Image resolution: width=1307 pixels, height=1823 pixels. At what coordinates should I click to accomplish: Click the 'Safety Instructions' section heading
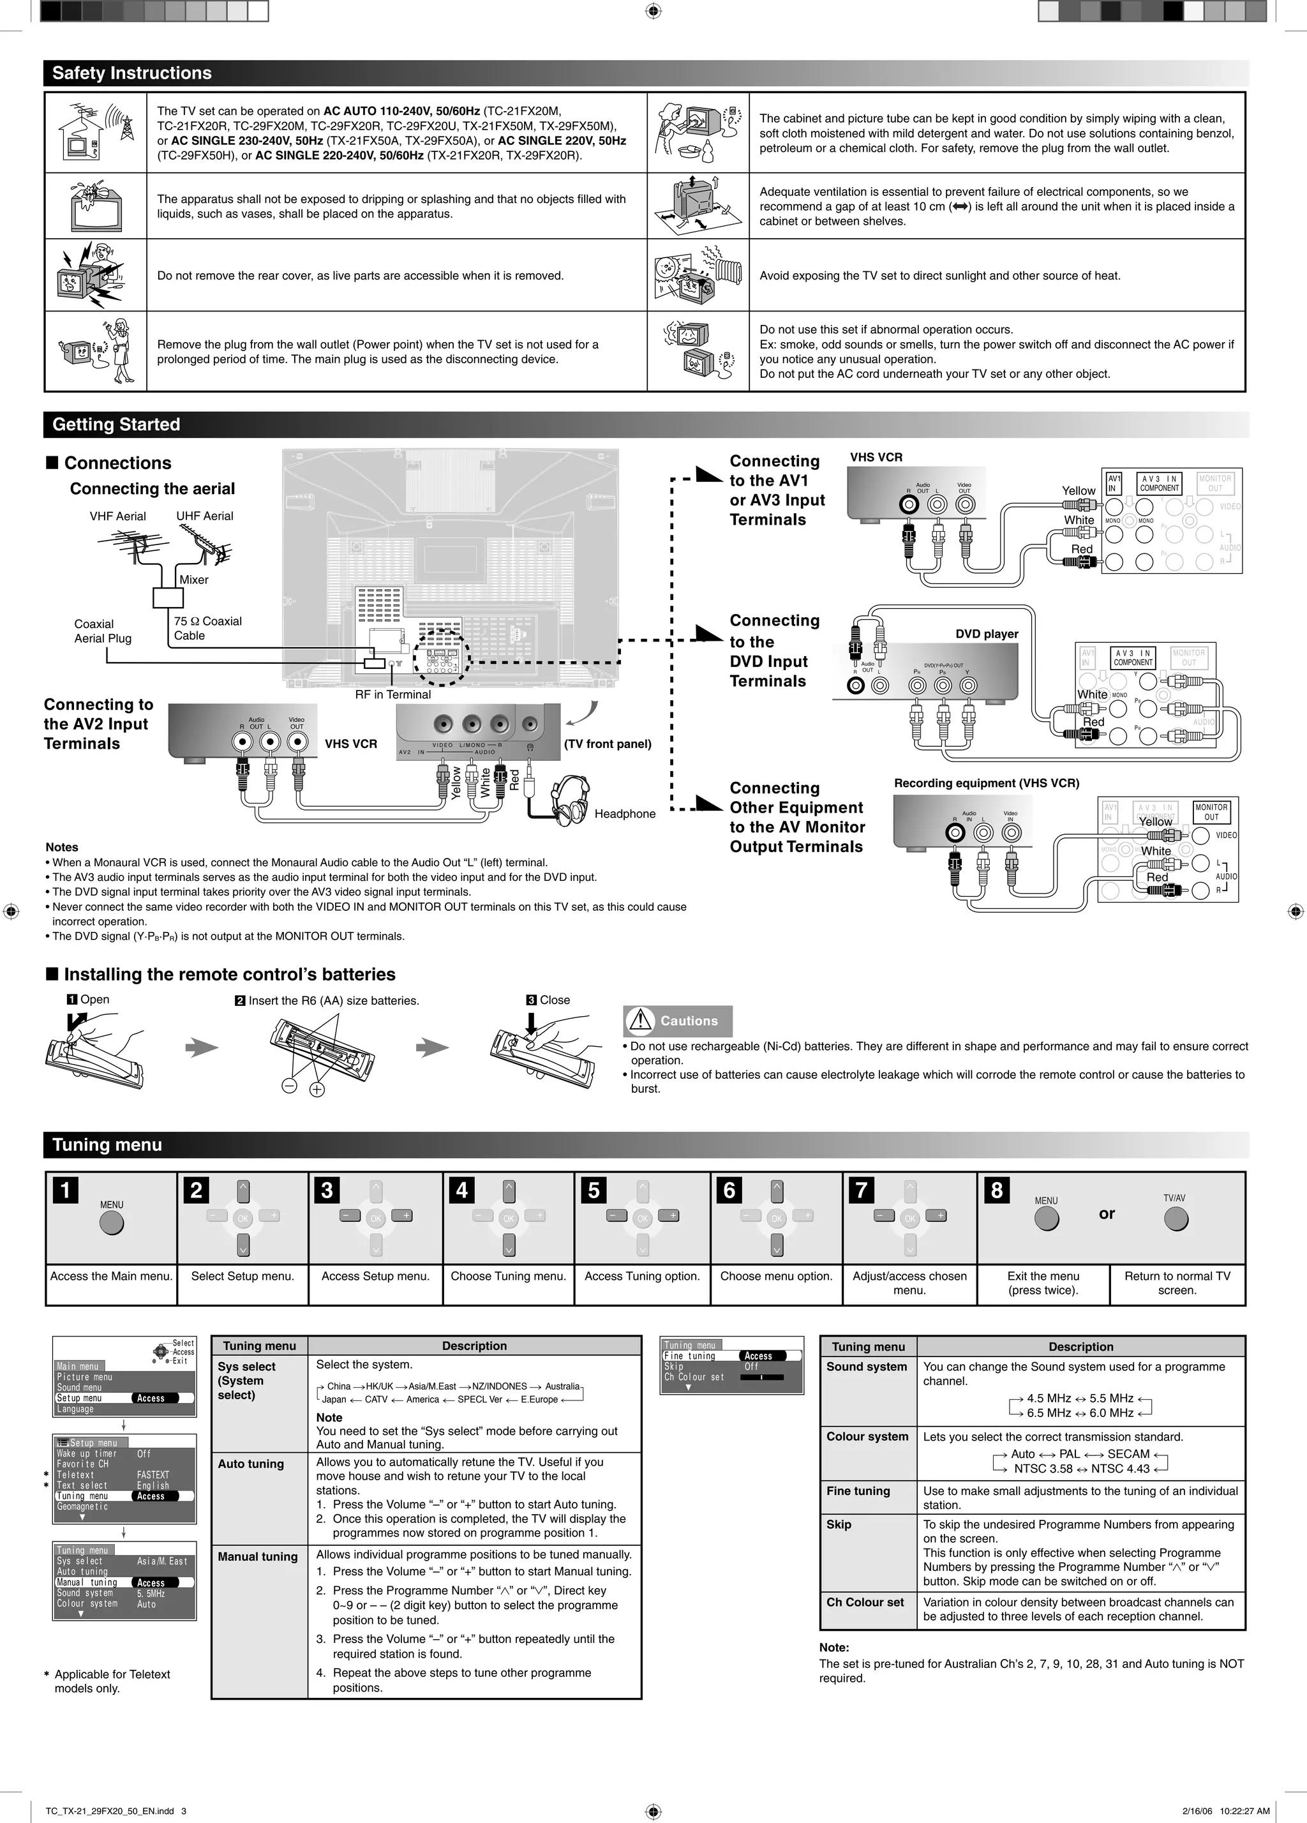tap(132, 73)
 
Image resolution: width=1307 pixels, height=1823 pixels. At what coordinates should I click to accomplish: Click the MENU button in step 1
tap(112, 1222)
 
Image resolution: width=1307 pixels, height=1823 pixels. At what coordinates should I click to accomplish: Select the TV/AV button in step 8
tap(1175, 1219)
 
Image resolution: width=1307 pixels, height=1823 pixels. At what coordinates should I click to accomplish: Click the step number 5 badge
tap(594, 1190)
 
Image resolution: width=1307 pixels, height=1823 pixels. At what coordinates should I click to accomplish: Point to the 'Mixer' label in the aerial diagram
tap(194, 580)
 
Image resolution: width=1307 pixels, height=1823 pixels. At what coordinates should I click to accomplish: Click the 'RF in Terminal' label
tap(392, 694)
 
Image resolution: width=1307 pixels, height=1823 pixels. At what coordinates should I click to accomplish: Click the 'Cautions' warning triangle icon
tap(640, 1021)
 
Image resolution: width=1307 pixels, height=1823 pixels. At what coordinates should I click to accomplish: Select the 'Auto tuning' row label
tap(251, 1464)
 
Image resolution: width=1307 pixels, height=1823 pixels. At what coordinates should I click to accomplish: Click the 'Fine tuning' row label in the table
tap(858, 1491)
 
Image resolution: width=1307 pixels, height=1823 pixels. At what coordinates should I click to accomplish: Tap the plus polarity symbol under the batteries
tap(318, 1090)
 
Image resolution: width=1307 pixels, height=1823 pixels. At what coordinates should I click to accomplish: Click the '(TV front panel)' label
tap(607, 744)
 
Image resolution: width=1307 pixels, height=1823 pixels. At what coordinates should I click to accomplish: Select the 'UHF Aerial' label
tap(204, 516)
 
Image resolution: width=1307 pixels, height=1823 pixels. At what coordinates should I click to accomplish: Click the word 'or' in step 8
tap(1107, 1213)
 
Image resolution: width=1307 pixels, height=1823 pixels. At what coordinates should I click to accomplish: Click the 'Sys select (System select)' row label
tap(247, 1380)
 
